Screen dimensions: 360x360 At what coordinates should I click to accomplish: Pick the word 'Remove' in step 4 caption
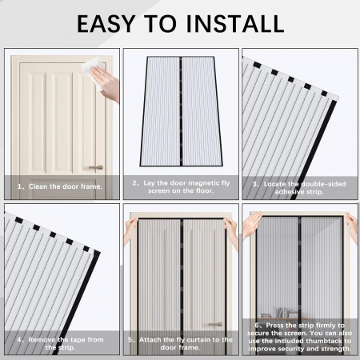39,339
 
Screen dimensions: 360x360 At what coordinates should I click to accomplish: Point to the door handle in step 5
215,324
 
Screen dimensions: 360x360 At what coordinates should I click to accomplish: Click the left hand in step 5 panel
129,229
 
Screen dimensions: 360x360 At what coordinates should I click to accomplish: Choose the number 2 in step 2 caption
136,183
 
